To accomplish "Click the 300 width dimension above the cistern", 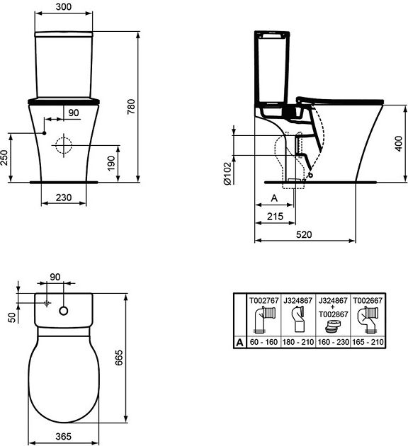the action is [x=64, y=6].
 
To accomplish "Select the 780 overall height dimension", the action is [x=131, y=107].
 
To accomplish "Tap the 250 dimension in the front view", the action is [x=4, y=158].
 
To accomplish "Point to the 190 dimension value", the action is [x=111, y=164].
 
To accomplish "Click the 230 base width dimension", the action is [x=64, y=197].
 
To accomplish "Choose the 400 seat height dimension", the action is [x=399, y=144].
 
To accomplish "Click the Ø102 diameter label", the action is [x=228, y=173].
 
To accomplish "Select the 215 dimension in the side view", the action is [x=275, y=216].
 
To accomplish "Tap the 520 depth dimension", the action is [x=304, y=234].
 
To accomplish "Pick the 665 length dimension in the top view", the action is [x=118, y=358].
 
